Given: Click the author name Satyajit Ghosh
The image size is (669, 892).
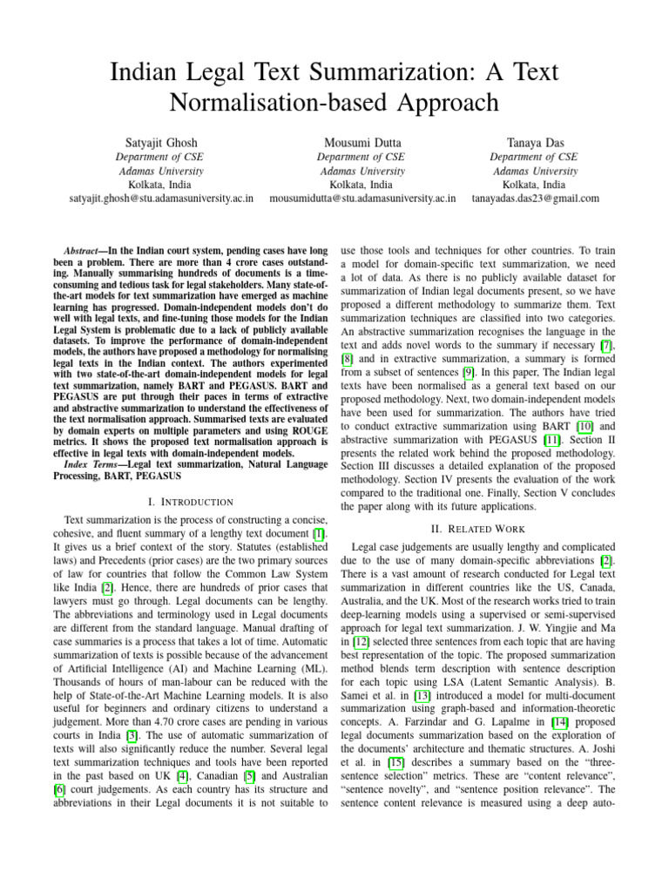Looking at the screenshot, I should (x=160, y=142).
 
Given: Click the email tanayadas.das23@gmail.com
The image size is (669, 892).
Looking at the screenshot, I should (x=536, y=198).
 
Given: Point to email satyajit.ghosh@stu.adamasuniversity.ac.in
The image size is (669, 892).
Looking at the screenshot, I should (x=161, y=198).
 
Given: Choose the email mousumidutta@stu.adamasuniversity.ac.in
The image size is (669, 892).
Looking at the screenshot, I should (x=362, y=198).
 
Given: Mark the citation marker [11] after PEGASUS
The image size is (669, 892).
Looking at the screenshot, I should (x=551, y=443).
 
